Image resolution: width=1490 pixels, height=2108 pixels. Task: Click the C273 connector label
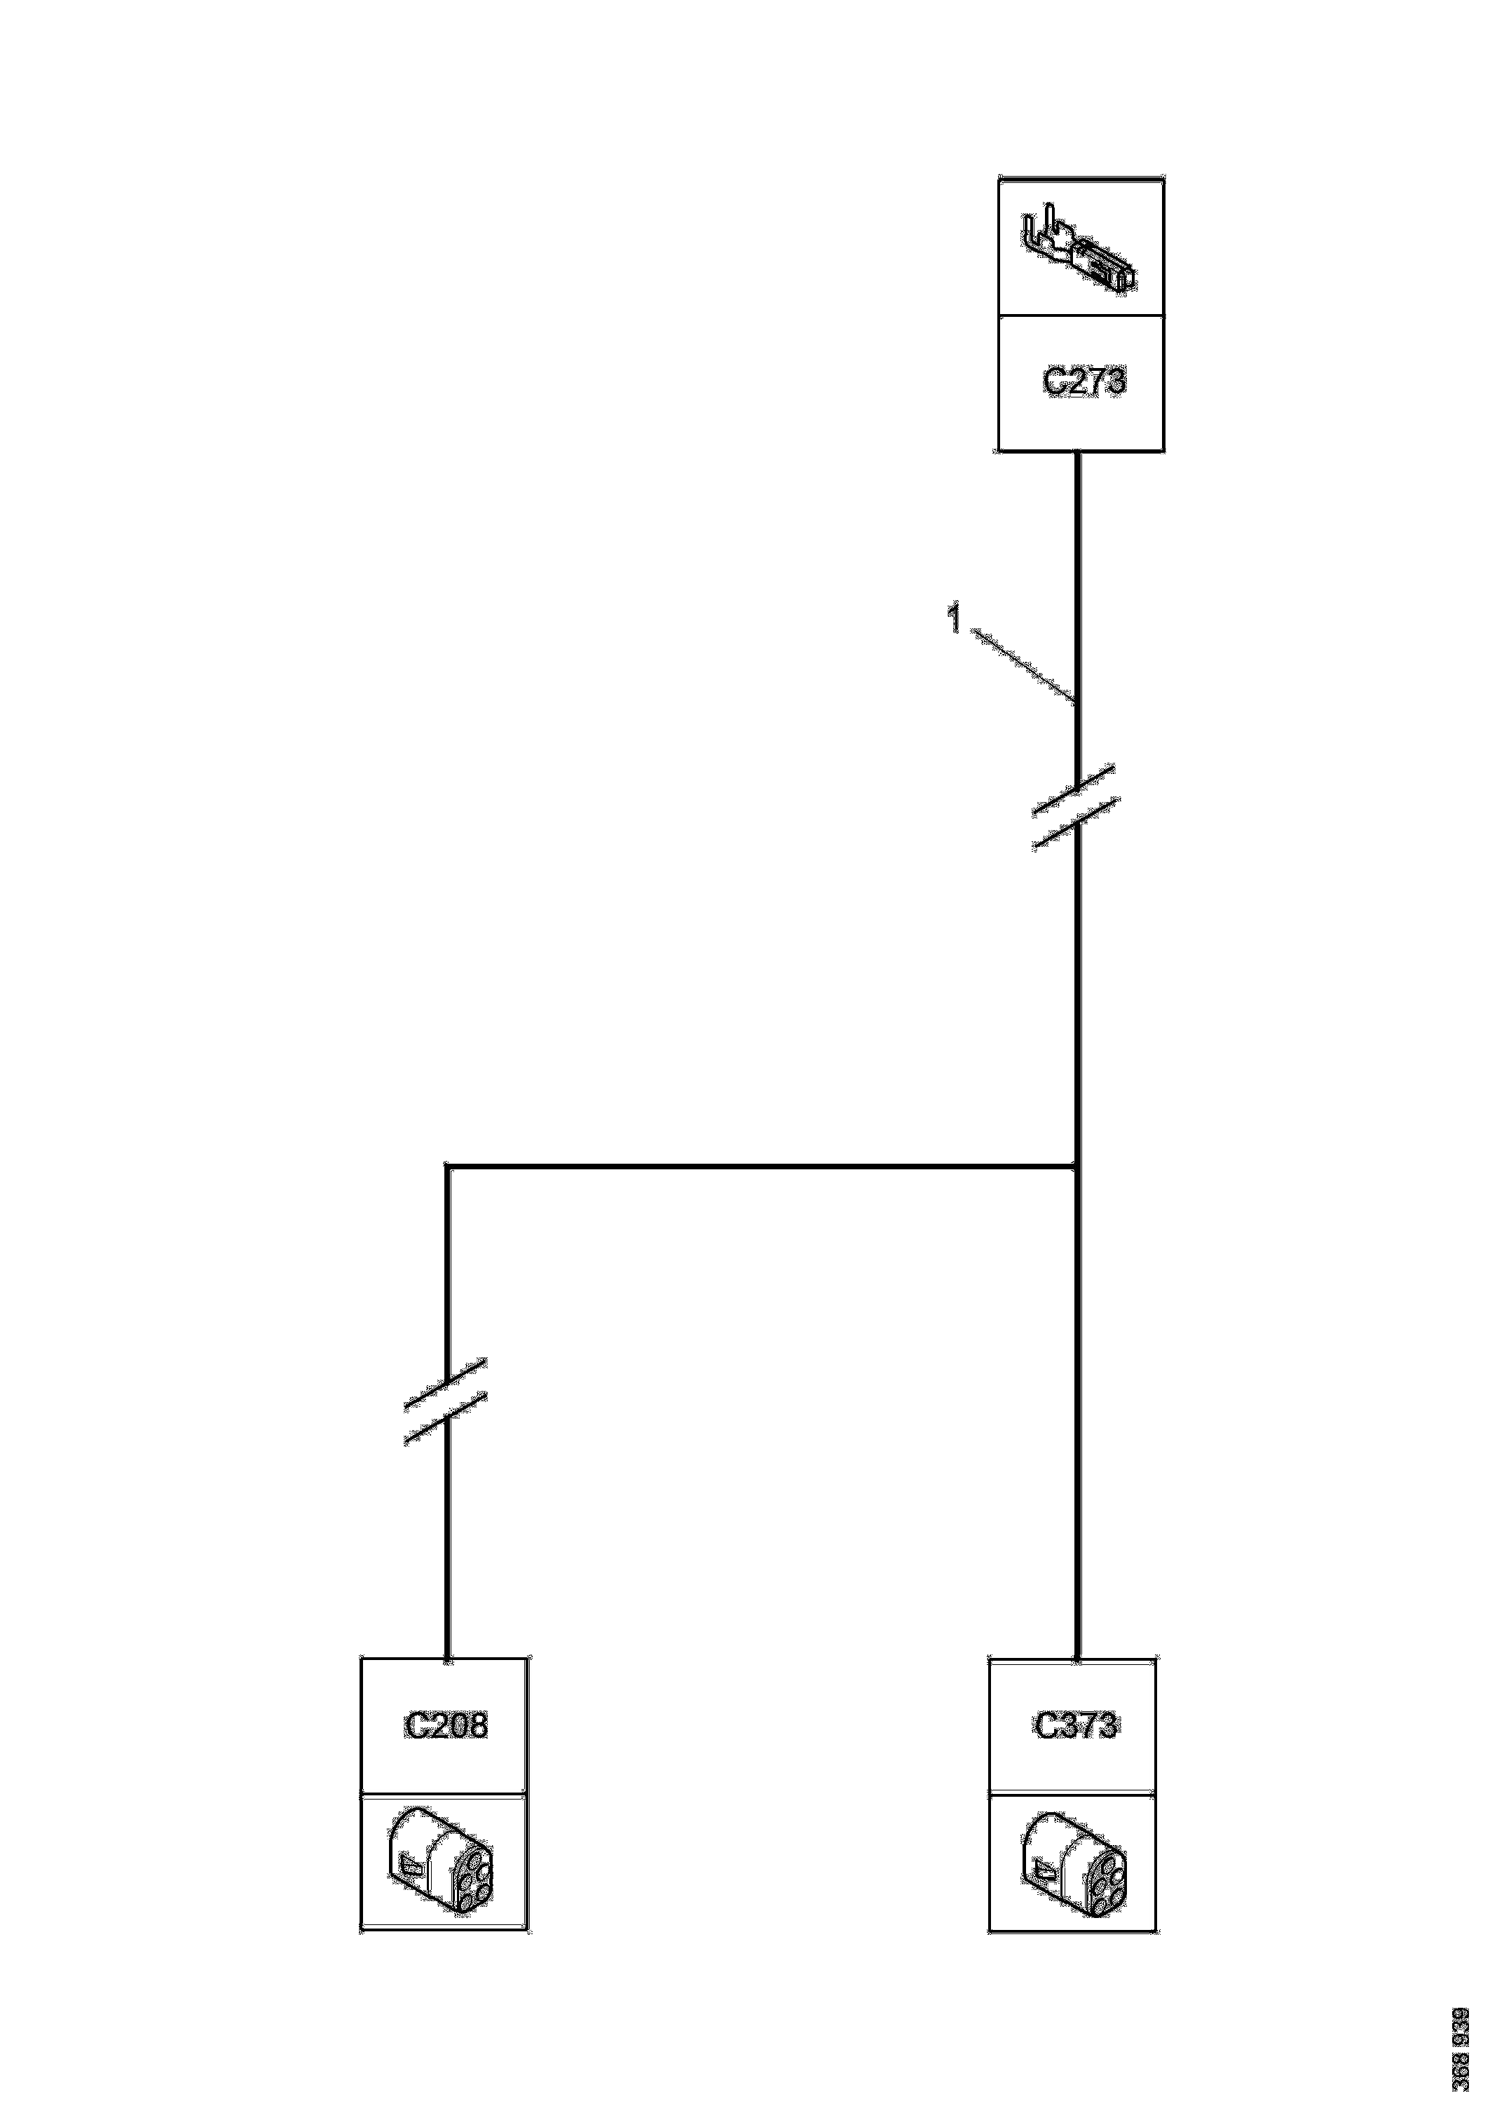pos(1084,381)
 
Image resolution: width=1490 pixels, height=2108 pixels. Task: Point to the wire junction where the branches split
pos(1076,1167)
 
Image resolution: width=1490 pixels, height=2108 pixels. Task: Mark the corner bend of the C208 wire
pos(447,1167)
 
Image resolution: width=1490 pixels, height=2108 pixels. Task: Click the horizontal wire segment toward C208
pos(762,1167)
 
